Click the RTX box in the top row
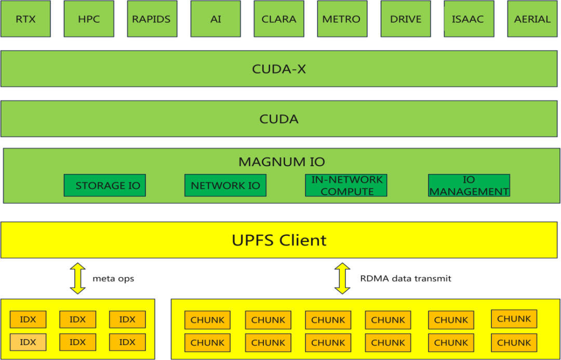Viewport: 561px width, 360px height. coord(25,19)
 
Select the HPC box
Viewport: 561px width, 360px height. coord(89,19)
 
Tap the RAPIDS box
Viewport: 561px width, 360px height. coord(151,19)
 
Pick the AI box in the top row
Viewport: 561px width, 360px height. coord(216,19)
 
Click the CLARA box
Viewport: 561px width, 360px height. coord(279,19)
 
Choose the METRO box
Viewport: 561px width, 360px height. coord(341,19)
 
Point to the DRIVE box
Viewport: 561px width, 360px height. coord(406,19)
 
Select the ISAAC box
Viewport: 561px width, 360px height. coord(468,19)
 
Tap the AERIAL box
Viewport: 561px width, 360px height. coord(532,19)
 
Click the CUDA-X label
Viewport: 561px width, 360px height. coord(279,69)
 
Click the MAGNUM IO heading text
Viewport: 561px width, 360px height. coord(282,162)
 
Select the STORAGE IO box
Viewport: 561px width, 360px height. coord(105,185)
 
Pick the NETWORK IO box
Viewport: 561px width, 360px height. coord(225,185)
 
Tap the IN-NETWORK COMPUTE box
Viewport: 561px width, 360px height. coord(346,185)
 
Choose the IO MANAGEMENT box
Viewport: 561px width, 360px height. coord(469,185)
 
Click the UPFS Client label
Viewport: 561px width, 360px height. coord(279,240)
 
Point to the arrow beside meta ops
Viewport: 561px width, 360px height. coord(77,278)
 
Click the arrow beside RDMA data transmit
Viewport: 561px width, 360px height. coord(342,278)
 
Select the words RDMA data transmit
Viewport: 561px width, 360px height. coord(406,279)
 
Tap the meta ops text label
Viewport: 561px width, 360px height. coord(113,279)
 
